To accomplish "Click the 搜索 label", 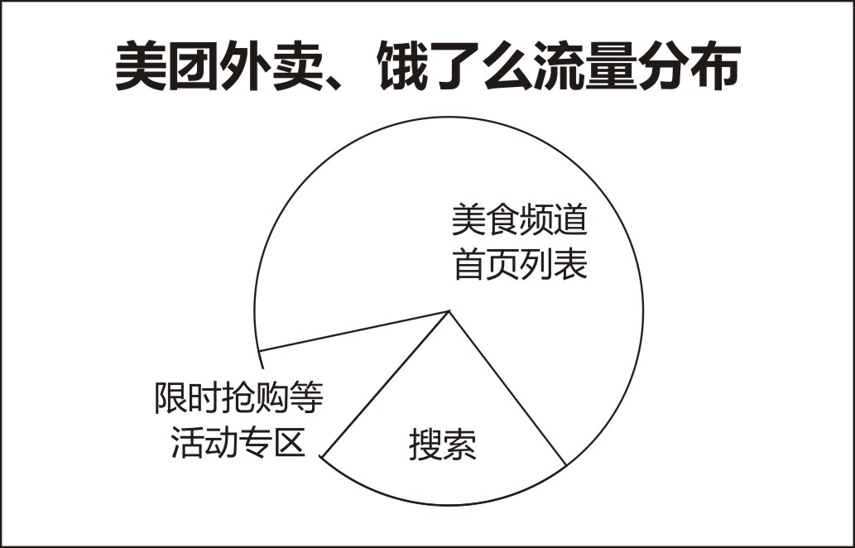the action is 442,445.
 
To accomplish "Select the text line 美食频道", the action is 520,220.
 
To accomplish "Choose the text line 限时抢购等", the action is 239,398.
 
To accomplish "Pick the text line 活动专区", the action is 238,442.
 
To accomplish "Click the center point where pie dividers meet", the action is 449,310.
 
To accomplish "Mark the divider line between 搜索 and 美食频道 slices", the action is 507,388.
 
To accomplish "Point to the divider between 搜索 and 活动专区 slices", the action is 386,383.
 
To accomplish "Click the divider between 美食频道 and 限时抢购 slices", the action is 354,331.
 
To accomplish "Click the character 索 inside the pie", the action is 459,445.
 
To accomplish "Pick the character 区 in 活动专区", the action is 289,442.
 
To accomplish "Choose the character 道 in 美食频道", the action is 571,220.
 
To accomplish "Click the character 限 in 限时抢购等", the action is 171,398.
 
